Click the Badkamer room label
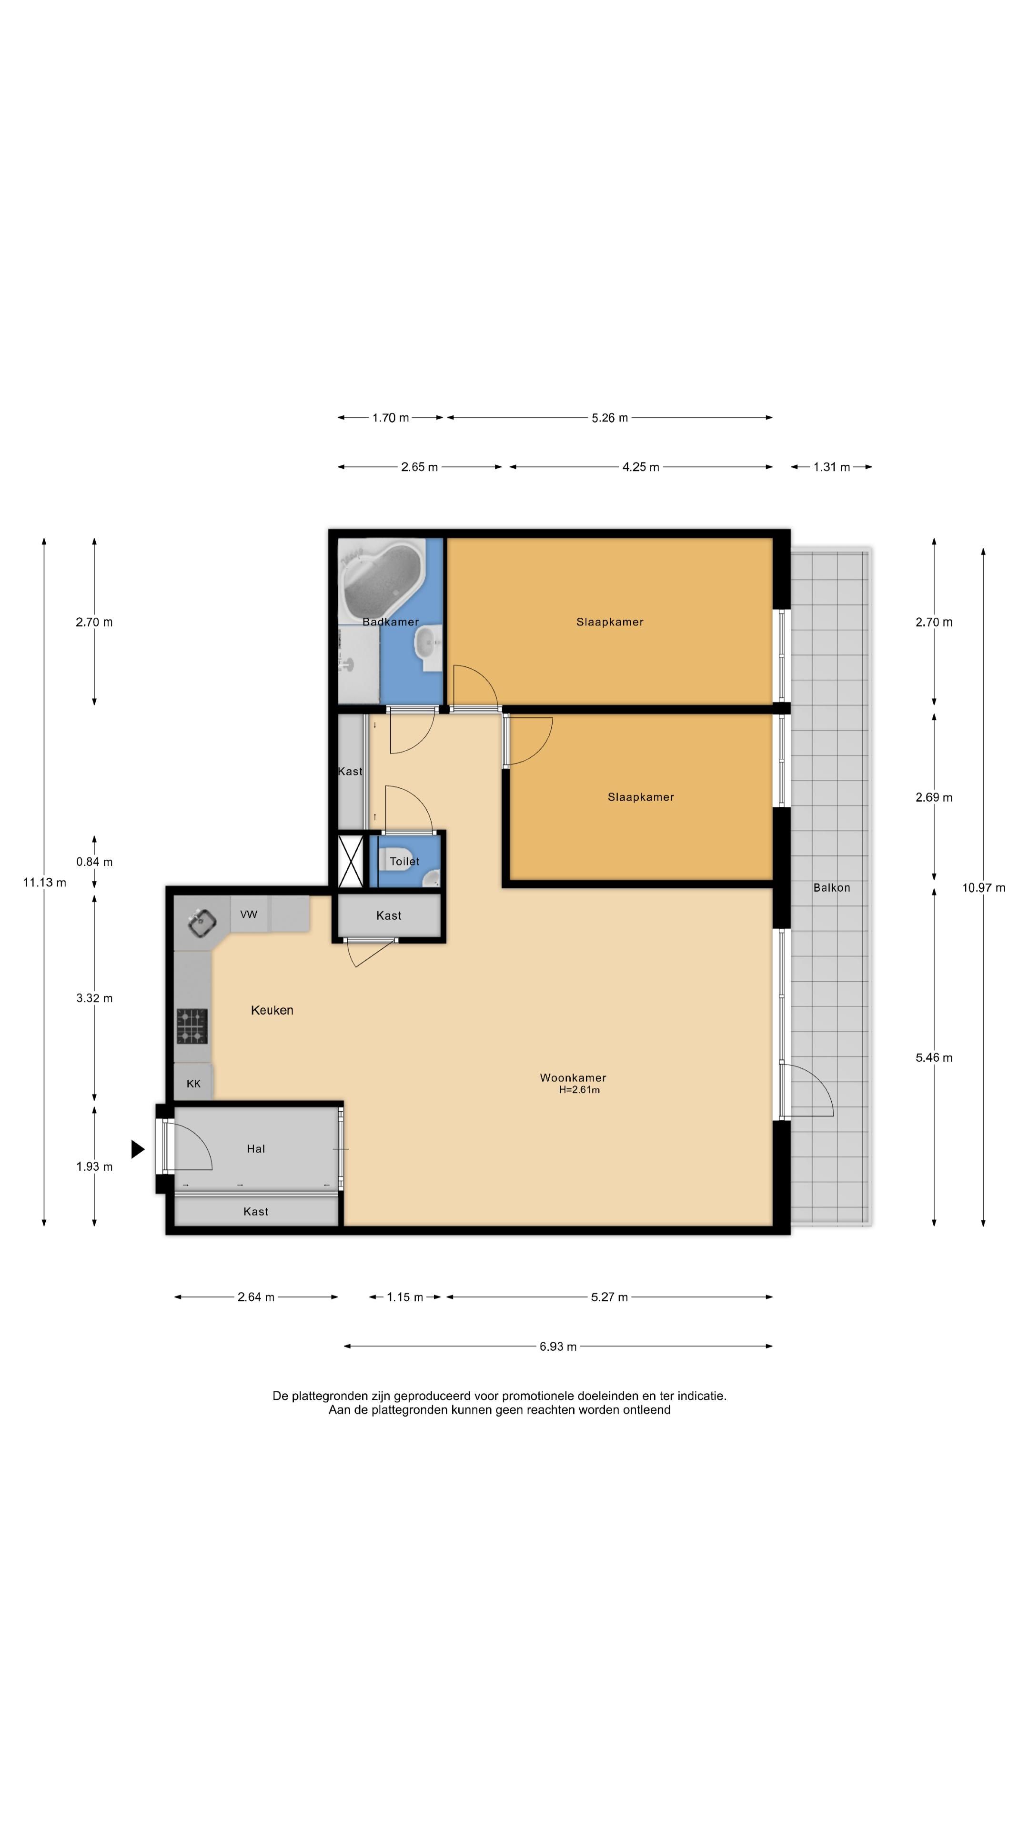point(391,622)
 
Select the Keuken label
point(272,1010)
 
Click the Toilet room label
point(405,861)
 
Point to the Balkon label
point(832,887)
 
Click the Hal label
point(256,1149)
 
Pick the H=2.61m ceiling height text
point(579,1090)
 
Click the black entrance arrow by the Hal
point(138,1149)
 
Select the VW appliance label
point(249,914)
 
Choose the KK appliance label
point(193,1084)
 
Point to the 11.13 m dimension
point(45,883)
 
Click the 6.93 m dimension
point(558,1346)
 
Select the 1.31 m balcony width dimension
point(832,467)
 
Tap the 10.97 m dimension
point(984,887)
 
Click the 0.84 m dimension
point(94,862)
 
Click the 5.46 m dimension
point(934,1058)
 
